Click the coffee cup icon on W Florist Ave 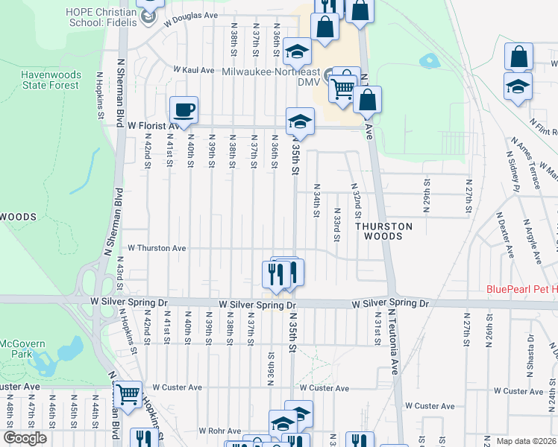(183, 110)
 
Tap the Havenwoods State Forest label (49, 80)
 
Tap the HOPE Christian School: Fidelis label (101, 17)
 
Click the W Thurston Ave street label (157, 247)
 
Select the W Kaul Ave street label (194, 69)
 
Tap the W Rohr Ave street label (219, 431)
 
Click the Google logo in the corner (25, 438)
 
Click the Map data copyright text (527, 441)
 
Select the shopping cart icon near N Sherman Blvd (128, 393)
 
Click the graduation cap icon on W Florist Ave (299, 121)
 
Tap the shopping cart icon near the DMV (342, 88)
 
